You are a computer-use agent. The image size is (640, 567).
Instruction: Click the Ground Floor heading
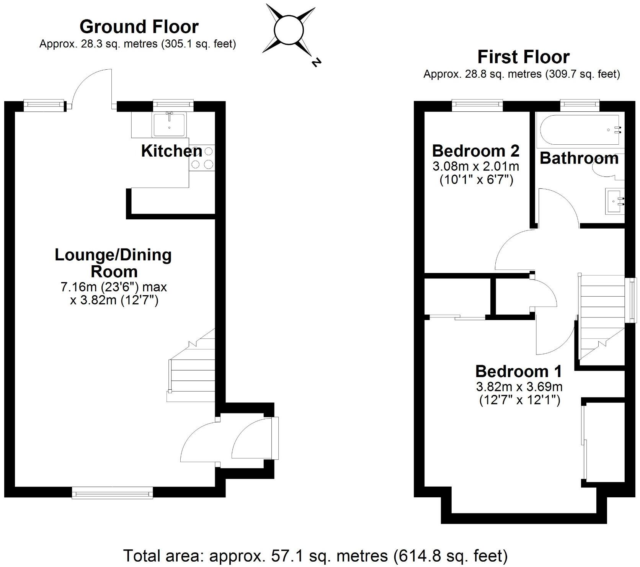(x=139, y=27)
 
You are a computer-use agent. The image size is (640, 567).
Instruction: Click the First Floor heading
(x=523, y=57)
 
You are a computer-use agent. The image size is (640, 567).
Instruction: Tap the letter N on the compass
(x=315, y=62)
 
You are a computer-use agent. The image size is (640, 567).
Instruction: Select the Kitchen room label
(x=171, y=151)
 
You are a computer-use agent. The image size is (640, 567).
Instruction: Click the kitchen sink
(x=169, y=124)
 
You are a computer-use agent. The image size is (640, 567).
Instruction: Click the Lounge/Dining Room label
(x=113, y=263)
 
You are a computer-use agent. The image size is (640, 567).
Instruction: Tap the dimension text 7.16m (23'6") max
(x=114, y=287)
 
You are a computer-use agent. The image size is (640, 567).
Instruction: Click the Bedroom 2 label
(x=475, y=151)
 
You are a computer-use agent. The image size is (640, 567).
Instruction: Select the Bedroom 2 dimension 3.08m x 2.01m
(x=475, y=167)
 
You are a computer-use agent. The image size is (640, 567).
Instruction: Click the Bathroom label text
(x=579, y=158)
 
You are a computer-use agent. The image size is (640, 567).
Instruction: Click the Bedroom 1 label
(x=519, y=371)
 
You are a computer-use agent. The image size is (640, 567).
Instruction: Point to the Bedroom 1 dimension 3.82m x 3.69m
(x=519, y=387)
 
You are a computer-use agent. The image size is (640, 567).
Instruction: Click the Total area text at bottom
(x=315, y=555)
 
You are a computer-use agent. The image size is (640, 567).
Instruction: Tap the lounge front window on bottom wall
(x=113, y=492)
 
